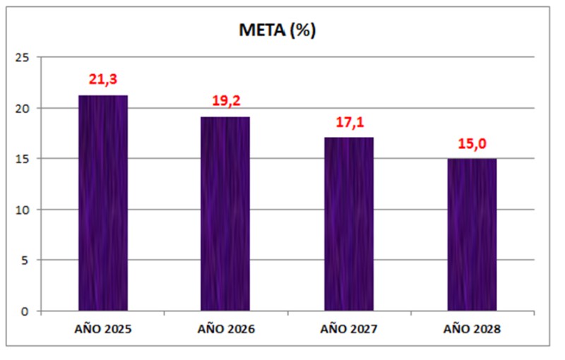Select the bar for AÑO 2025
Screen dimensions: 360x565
pos(103,203)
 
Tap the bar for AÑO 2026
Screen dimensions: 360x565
pos(225,214)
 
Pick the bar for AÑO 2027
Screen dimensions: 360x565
pos(348,224)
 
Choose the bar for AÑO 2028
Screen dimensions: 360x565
pos(472,235)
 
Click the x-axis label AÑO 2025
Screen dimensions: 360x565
pos(103,329)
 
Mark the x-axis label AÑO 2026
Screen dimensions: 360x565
pos(226,329)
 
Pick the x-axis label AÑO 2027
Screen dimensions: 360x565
pos(348,329)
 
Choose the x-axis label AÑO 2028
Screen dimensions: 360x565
pos(472,329)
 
